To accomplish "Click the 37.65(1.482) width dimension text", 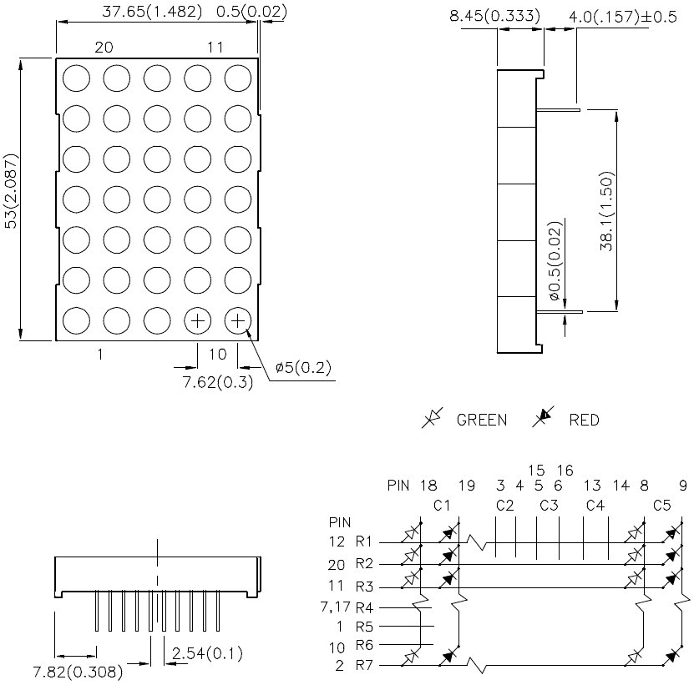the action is tap(152, 12).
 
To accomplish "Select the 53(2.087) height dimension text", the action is tap(11, 191).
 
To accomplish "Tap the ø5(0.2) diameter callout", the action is tap(303, 367).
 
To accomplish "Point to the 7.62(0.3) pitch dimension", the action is tap(218, 381).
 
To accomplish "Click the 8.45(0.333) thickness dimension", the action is tap(495, 16).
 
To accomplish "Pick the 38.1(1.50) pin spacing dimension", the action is tap(607, 211).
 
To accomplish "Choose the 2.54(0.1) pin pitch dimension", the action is tap(207, 653).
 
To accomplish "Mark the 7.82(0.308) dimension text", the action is tap(78, 672).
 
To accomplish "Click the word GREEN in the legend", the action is tap(482, 420).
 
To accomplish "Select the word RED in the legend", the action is tap(585, 420).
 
